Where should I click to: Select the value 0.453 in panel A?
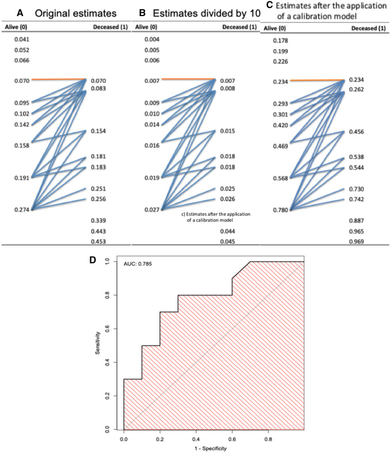99,242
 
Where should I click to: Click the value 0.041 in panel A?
22,39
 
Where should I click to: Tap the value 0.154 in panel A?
99,132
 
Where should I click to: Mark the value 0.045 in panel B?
227,241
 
